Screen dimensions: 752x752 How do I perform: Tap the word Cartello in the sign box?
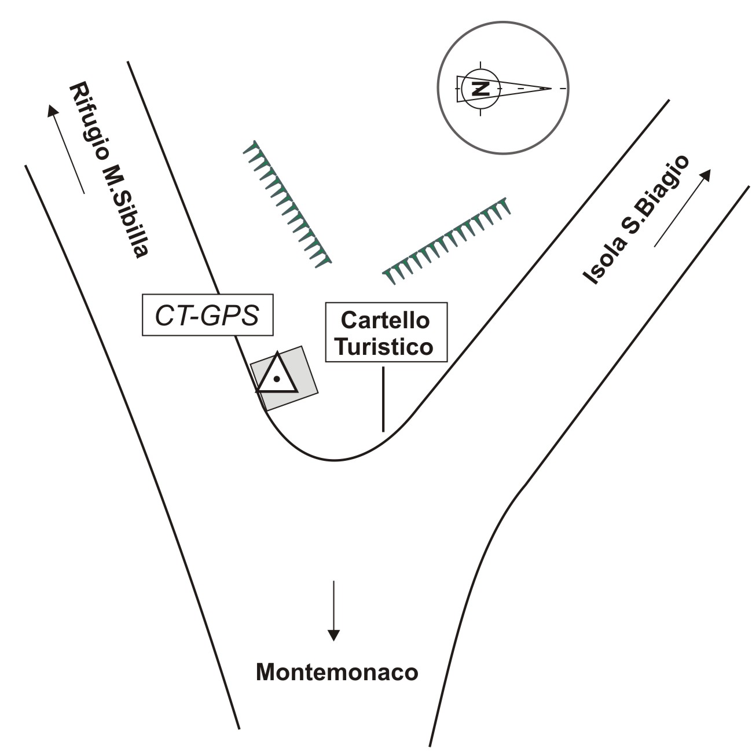pyautogui.click(x=386, y=321)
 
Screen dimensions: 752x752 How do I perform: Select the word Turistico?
pyautogui.click(x=386, y=347)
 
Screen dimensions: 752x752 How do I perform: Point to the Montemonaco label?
pyautogui.click(x=336, y=673)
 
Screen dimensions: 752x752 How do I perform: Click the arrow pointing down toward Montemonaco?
pyautogui.click(x=333, y=610)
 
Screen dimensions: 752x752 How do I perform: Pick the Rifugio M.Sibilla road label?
pyautogui.click(x=109, y=171)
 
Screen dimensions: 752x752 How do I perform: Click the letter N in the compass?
pyautogui.click(x=479, y=89)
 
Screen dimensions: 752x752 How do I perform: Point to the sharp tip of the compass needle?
pyautogui.click(x=550, y=89)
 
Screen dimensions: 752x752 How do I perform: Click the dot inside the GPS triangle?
pyautogui.click(x=277, y=379)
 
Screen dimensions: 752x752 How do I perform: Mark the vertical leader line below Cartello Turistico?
pyautogui.click(x=383, y=399)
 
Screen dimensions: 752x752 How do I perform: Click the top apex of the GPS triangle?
pyautogui.click(x=278, y=353)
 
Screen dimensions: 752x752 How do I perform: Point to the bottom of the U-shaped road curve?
pyautogui.click(x=335, y=460)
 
